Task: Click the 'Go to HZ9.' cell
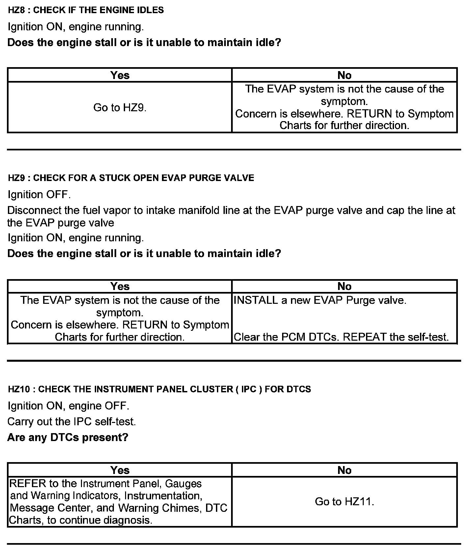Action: click(120, 108)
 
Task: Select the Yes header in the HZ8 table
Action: click(120, 75)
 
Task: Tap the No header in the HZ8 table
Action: click(344, 75)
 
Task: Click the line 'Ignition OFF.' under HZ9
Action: click(39, 195)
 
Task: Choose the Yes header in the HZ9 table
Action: click(120, 286)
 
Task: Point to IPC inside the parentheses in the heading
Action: click(249, 389)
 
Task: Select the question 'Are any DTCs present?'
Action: click(68, 437)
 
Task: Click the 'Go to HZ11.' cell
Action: click(344, 502)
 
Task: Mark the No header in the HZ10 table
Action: click(344, 470)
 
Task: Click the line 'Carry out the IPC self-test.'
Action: click(71, 422)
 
